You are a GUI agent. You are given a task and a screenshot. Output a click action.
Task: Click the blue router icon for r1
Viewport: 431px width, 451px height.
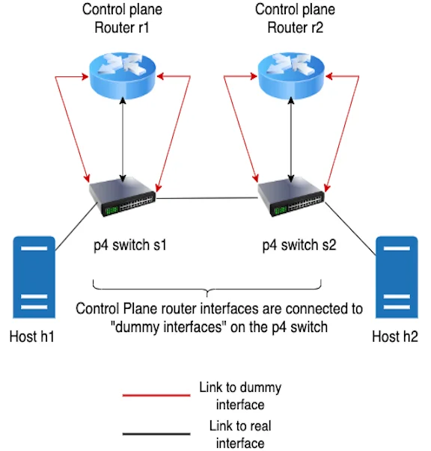(123, 76)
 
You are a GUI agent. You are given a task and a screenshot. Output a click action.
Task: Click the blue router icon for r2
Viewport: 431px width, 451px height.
(291, 76)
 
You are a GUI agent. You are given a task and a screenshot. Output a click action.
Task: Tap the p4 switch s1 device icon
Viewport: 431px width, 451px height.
(122, 197)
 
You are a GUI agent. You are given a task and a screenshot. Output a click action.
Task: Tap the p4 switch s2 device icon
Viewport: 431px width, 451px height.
(291, 197)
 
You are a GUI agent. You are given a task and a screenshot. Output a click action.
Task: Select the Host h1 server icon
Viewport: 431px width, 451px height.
(34, 277)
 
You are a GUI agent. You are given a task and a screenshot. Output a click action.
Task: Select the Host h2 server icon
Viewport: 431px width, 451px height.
(397, 277)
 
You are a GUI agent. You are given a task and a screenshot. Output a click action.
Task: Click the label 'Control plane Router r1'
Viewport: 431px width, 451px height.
(122, 19)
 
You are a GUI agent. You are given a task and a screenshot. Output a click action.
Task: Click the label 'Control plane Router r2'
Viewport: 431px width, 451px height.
(296, 19)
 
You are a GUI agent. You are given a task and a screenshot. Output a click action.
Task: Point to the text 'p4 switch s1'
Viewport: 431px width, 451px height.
(130, 245)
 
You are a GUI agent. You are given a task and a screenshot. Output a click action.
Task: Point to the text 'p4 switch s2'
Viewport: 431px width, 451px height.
(299, 245)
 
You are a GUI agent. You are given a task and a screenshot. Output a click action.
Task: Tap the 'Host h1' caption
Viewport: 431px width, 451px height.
(32, 337)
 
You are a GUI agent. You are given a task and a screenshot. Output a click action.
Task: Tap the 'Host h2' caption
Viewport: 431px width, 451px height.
(395, 337)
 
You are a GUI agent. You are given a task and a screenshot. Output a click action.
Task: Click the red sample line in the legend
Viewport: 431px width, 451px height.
(156, 396)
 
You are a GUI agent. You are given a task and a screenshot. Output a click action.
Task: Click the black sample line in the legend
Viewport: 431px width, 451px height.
(156, 434)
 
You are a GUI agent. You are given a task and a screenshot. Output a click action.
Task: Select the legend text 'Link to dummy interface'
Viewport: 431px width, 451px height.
(240, 396)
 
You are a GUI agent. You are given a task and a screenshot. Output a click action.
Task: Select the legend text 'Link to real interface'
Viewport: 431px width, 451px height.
(240, 435)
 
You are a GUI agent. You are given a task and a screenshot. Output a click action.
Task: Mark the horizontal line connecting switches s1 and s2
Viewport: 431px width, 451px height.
(207, 198)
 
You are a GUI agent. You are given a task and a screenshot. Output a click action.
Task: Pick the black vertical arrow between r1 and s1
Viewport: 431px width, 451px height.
(123, 140)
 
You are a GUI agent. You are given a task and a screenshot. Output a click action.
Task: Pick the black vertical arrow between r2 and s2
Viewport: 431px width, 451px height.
(291, 140)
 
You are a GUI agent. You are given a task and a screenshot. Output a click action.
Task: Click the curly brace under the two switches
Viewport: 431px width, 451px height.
(207, 289)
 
